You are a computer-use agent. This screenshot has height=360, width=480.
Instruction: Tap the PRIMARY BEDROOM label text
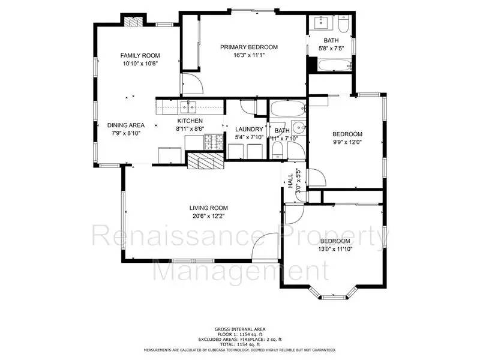coord(249,47)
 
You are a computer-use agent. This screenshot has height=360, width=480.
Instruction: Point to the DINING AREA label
coord(126,125)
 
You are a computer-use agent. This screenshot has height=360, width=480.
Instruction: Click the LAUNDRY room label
coord(249,129)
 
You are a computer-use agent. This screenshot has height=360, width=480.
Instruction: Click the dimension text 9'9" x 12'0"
coord(347,142)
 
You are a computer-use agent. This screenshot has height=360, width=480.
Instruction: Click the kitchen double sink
coord(188,107)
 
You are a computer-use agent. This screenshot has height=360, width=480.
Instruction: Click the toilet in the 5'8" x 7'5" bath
coord(343,25)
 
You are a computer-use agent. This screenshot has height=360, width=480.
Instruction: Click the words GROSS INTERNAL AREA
coord(240,329)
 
